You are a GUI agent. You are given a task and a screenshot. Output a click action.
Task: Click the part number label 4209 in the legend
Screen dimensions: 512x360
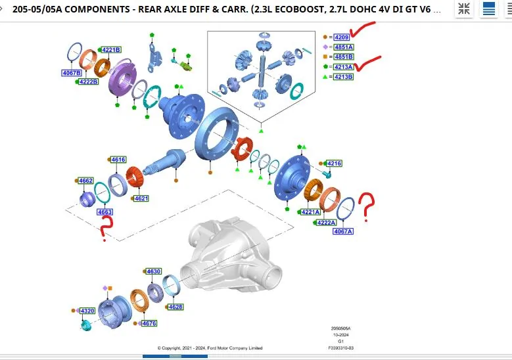pyautogui.click(x=342, y=37)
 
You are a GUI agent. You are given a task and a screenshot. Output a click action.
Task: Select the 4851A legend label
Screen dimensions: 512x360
pyautogui.click(x=344, y=47)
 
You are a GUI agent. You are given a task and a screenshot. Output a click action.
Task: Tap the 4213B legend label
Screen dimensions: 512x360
pyautogui.click(x=344, y=77)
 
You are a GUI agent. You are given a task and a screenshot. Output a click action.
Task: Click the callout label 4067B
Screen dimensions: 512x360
pyautogui.click(x=72, y=73)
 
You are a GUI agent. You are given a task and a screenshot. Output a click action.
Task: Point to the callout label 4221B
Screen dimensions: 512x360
pyautogui.click(x=111, y=50)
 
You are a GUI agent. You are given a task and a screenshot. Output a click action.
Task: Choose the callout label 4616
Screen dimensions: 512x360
pyautogui.click(x=118, y=160)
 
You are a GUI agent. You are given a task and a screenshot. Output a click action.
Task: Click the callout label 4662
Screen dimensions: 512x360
pyautogui.click(x=86, y=181)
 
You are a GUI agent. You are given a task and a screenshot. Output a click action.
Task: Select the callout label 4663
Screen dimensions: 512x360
pyautogui.click(x=105, y=212)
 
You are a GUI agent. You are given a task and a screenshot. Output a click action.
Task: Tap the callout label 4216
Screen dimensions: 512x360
pyautogui.click(x=334, y=164)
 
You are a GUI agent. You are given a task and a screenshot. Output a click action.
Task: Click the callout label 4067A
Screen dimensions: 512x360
pyautogui.click(x=343, y=231)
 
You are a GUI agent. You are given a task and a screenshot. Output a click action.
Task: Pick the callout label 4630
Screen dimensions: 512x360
pyautogui.click(x=154, y=271)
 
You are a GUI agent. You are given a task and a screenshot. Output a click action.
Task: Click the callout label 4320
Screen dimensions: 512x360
pyautogui.click(x=87, y=311)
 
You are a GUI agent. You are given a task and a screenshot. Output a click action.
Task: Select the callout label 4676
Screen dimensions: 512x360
pyautogui.click(x=149, y=323)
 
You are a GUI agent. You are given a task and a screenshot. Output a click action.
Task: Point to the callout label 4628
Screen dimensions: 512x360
pyautogui.click(x=175, y=307)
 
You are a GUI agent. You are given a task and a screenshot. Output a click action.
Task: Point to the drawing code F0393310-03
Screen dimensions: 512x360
pyautogui.click(x=341, y=348)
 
